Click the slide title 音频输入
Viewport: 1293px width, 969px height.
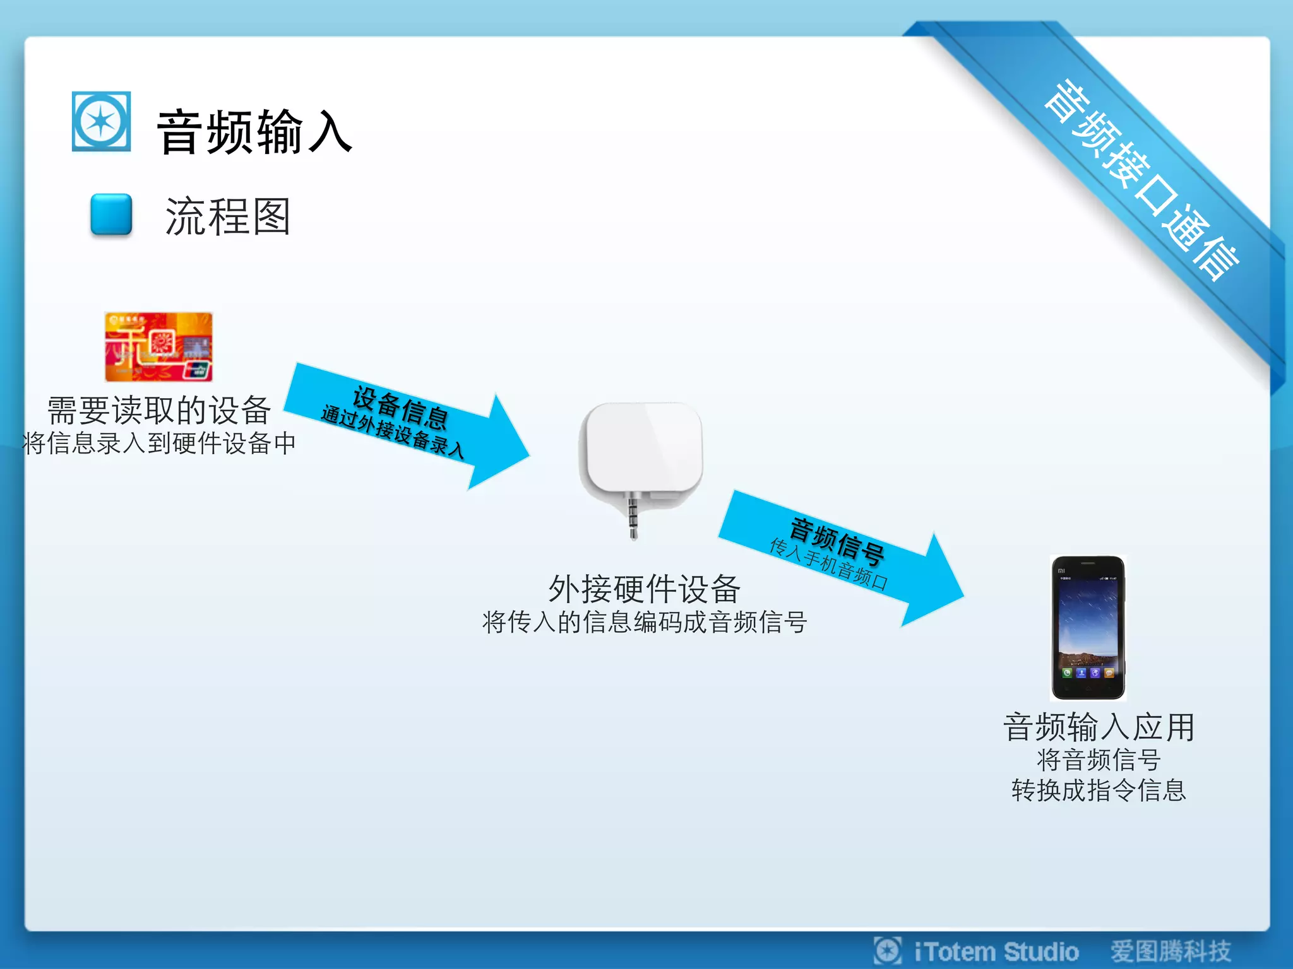click(x=254, y=132)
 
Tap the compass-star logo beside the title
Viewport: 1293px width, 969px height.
click(x=101, y=122)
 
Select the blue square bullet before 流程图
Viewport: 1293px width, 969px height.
click(x=111, y=214)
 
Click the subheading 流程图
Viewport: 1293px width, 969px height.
click(x=227, y=216)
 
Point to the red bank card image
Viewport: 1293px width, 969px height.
click(x=158, y=346)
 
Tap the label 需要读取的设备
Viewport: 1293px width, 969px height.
click(x=159, y=411)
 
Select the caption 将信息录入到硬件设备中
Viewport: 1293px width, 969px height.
click(x=159, y=443)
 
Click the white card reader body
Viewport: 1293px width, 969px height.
click(x=643, y=448)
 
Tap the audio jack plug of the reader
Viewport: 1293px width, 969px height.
click(x=633, y=517)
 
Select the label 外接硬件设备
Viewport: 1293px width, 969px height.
click(x=644, y=589)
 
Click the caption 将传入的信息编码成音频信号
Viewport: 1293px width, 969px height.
click(x=644, y=622)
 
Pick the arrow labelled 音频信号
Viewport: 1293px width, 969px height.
click(x=840, y=555)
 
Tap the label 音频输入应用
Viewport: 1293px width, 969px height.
click(x=1099, y=727)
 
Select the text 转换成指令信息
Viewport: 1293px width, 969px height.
click(x=1099, y=790)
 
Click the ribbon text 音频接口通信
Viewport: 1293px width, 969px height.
click(x=1140, y=179)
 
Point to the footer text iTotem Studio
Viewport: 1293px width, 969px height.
click(x=996, y=951)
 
